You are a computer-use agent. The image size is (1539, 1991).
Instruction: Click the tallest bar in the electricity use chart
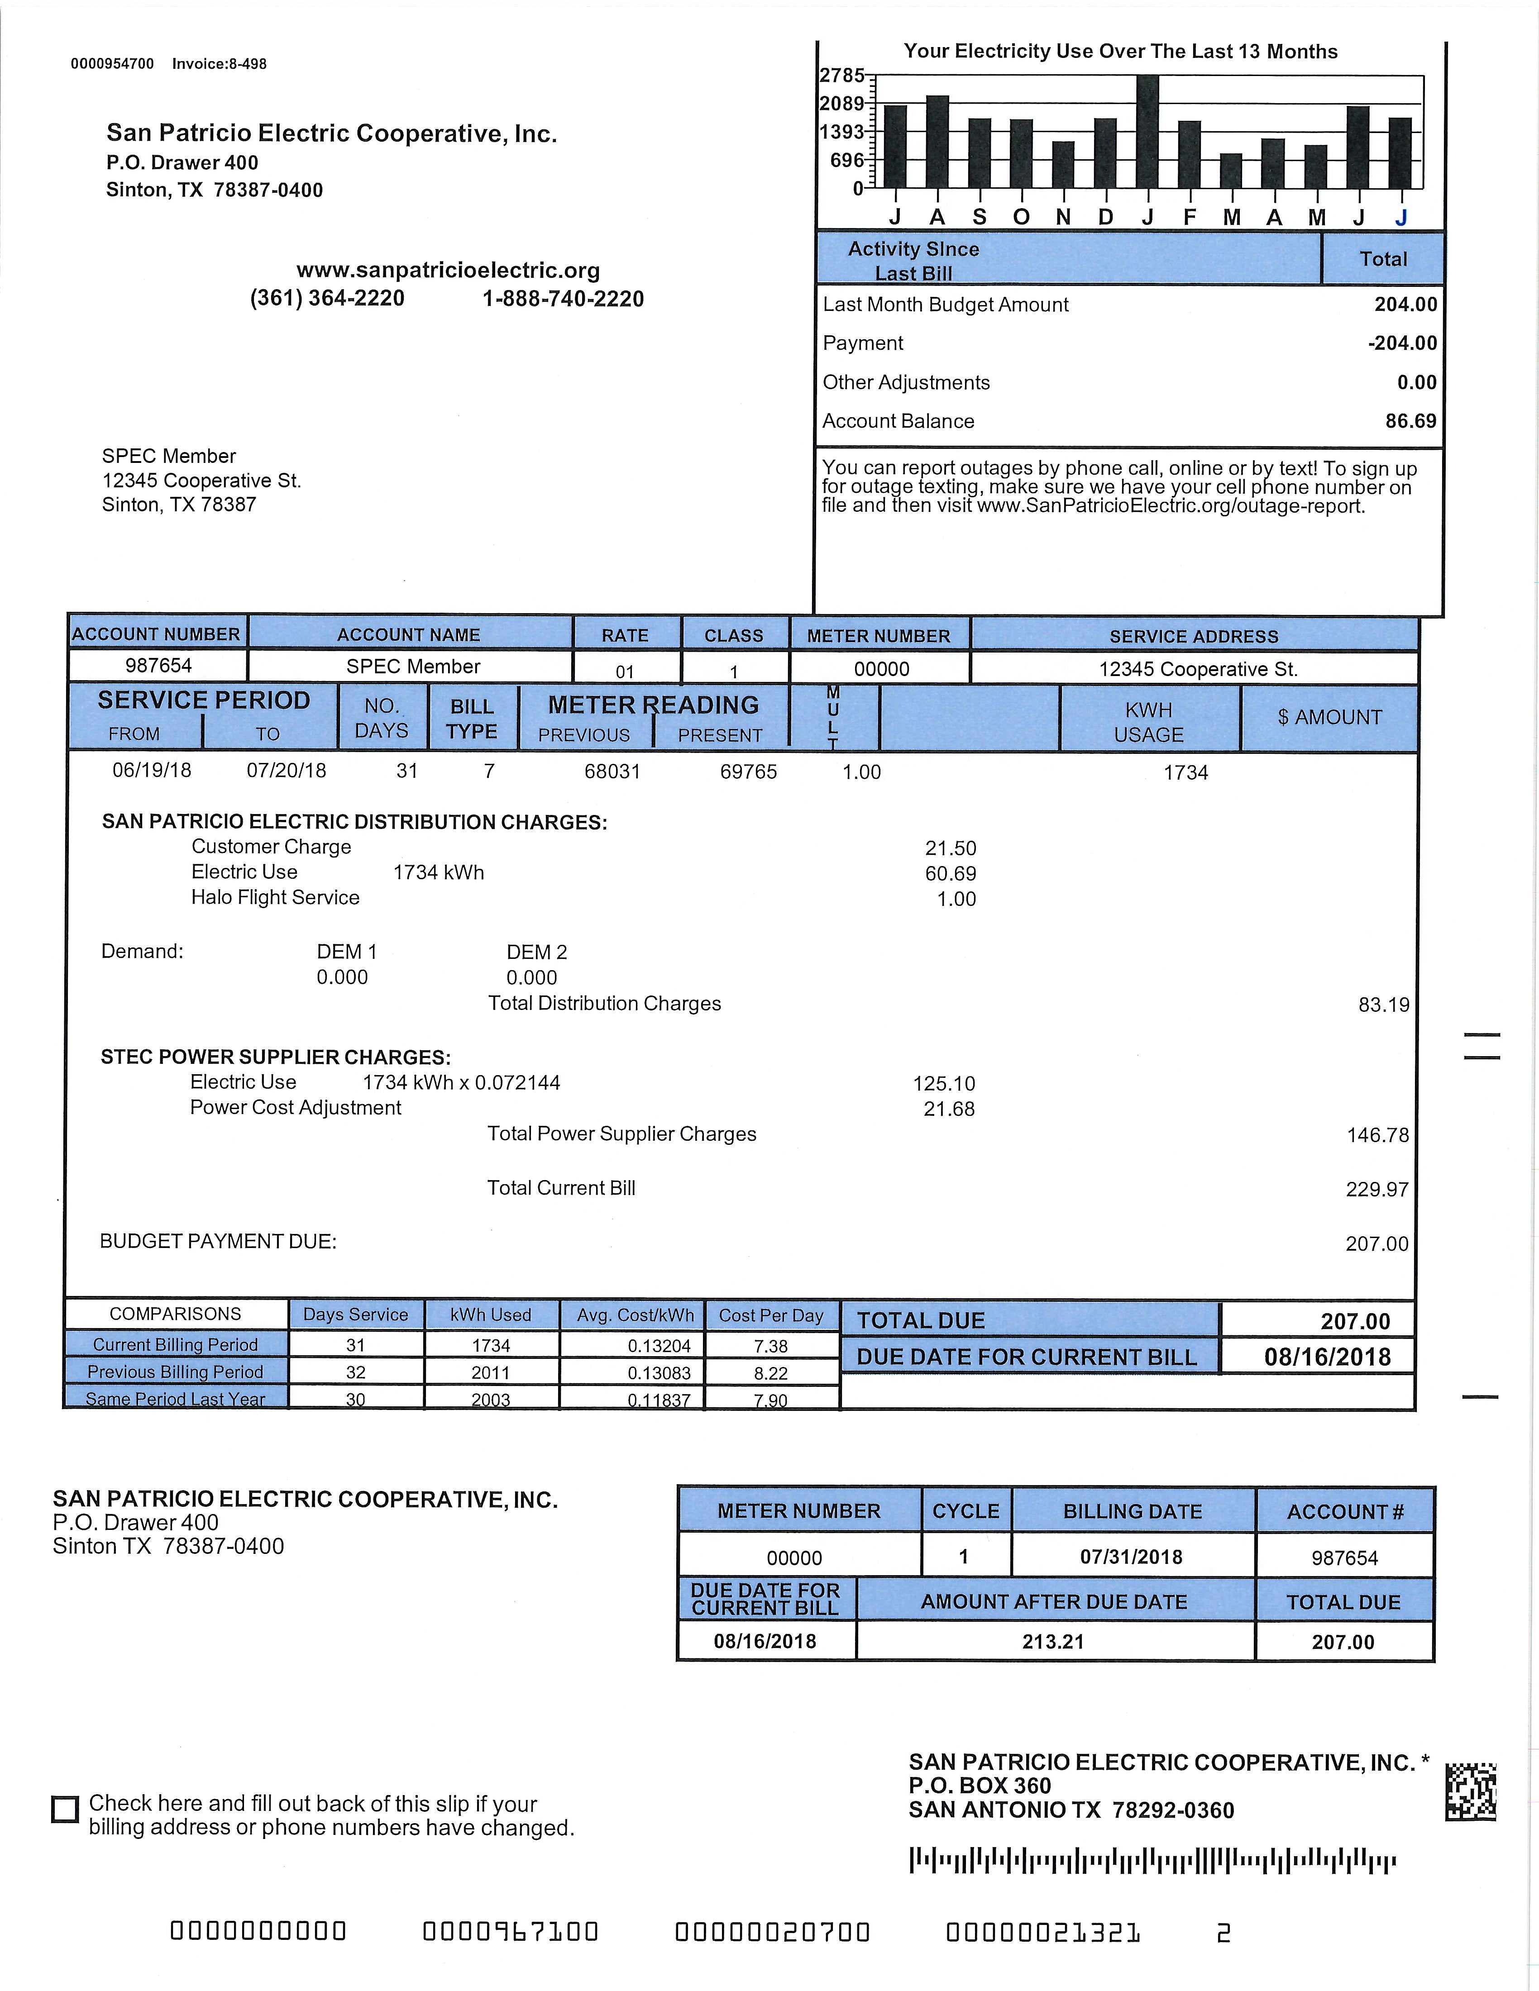pos(1148,130)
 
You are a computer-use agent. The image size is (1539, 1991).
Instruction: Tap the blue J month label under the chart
pos(1401,217)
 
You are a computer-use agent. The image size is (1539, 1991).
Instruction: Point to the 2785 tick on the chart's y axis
pos(841,75)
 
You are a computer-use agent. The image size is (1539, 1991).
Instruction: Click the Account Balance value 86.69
pos(1410,421)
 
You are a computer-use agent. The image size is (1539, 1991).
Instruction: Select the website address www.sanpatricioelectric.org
pos(448,271)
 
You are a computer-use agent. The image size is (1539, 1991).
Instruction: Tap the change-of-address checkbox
pos(65,1810)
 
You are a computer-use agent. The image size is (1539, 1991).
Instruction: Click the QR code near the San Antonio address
pos(1471,1791)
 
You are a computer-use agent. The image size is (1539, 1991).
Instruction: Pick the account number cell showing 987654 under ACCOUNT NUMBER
pos(158,666)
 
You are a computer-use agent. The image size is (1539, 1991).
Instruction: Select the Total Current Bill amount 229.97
pos(1376,1190)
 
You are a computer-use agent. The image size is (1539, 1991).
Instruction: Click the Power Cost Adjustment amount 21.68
pos(949,1110)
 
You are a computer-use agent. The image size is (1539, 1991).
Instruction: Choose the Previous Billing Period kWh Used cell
pos(491,1373)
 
